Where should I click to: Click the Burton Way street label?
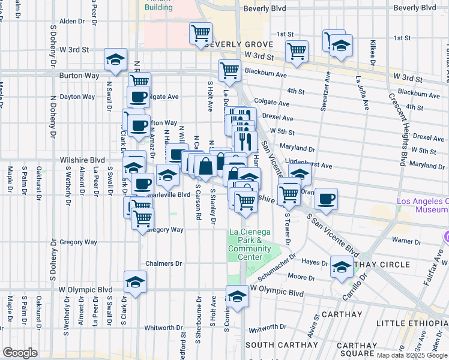coord(78,76)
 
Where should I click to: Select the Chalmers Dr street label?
coord(163,263)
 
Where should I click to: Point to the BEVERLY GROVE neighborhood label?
coord(239,45)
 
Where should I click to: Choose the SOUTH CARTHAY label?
coord(281,345)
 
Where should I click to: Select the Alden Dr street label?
coord(72,21)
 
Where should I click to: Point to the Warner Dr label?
coord(406,241)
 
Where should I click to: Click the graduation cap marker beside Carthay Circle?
coord(342,266)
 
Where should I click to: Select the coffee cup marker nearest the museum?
coord(326,199)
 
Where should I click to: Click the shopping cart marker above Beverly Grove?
coord(200,33)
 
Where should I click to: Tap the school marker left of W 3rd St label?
coord(115,59)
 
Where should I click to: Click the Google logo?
coord(20,353)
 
